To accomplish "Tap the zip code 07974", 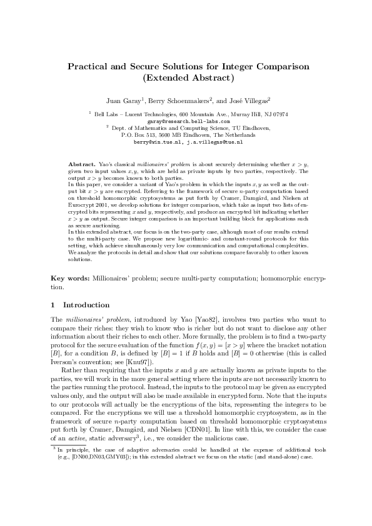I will point(279,114).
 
